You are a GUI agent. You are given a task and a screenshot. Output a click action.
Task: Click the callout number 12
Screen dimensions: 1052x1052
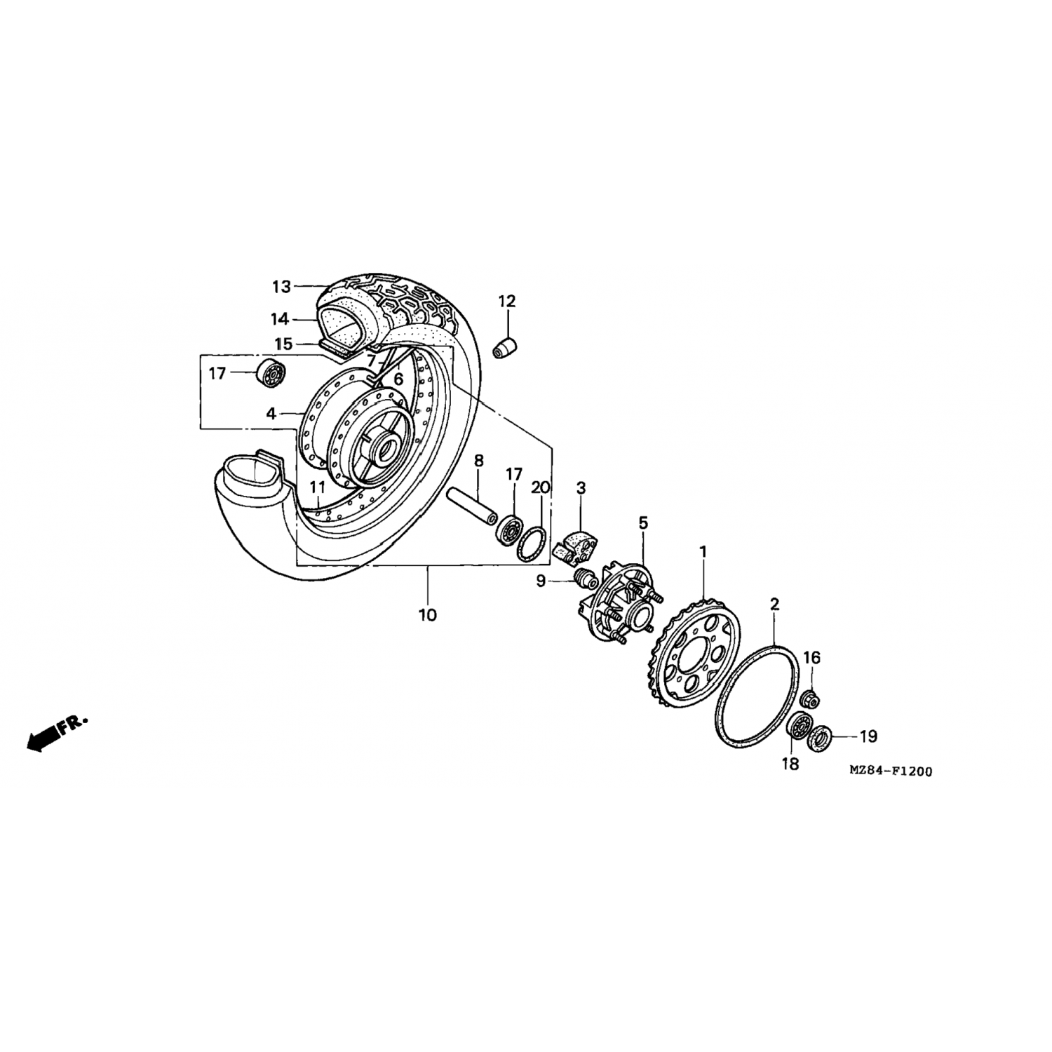(x=506, y=302)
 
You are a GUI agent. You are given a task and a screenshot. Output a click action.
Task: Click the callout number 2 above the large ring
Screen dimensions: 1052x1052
(x=774, y=604)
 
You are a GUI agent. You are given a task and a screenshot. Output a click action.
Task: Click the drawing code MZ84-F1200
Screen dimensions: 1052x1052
(x=891, y=771)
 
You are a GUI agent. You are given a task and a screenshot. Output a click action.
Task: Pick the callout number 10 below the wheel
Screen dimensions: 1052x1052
(x=427, y=615)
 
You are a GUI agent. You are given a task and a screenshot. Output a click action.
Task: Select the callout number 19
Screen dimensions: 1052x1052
(x=868, y=736)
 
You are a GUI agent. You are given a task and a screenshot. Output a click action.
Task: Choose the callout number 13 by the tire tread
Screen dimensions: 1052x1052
(x=281, y=286)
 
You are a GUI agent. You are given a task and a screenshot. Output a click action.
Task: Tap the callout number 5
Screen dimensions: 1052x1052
(x=643, y=522)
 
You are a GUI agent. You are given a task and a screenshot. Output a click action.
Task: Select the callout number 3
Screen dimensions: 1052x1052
(x=581, y=487)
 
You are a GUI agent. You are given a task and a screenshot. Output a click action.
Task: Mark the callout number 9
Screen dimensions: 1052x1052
(x=541, y=581)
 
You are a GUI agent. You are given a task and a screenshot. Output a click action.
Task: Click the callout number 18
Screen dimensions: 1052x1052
(x=790, y=764)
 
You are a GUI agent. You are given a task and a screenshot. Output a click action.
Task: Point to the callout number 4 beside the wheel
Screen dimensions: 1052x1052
(x=271, y=414)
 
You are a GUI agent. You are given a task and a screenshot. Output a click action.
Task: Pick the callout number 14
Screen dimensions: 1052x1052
(x=280, y=320)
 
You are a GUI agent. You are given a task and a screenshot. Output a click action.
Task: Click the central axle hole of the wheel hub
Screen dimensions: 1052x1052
(x=385, y=450)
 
